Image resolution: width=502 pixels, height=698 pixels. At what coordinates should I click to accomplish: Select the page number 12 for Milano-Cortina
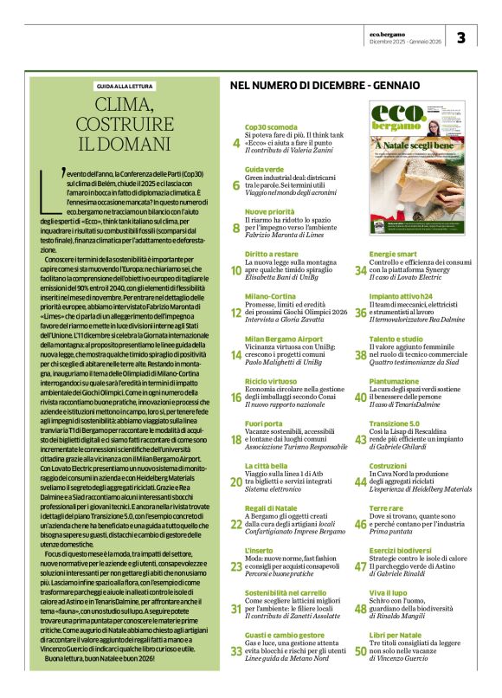(236, 312)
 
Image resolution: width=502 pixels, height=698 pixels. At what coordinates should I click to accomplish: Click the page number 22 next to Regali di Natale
(236, 524)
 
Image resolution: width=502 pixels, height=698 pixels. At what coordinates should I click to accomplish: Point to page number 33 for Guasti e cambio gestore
(236, 651)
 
